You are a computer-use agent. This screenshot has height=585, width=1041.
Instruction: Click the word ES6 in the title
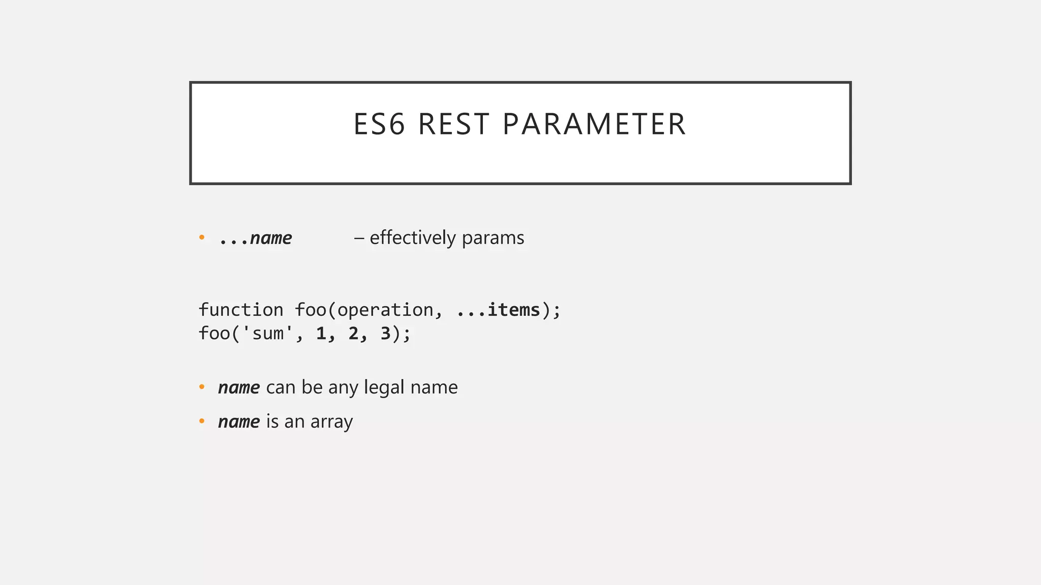coord(379,124)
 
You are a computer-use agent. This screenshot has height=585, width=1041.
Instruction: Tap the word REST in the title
coord(453,124)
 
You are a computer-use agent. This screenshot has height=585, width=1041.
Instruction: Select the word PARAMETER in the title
coord(594,124)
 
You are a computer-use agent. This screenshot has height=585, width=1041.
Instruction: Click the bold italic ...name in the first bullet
coord(255,238)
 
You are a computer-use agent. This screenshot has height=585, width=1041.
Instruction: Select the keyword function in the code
coord(241,310)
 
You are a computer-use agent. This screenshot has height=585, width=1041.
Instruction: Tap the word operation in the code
coord(385,310)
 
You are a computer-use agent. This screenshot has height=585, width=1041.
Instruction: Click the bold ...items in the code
coord(498,310)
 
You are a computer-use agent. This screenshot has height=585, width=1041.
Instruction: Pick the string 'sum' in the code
coord(268,334)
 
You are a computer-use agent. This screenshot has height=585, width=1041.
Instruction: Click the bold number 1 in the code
coord(321,334)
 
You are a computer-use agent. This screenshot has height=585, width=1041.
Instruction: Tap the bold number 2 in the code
coord(353,334)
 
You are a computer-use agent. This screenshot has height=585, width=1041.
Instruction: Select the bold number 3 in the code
coord(385,334)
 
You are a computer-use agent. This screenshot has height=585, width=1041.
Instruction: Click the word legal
coord(384,387)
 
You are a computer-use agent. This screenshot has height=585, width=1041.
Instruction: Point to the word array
coord(331,422)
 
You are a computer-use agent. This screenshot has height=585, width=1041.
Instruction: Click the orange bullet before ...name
coord(202,237)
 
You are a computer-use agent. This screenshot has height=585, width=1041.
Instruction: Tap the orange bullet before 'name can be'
coord(202,387)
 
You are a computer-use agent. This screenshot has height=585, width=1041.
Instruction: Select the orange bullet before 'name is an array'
coord(202,421)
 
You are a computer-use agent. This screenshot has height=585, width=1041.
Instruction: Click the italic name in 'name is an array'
coord(239,421)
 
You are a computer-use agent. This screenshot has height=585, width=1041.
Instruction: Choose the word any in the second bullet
coord(342,388)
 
